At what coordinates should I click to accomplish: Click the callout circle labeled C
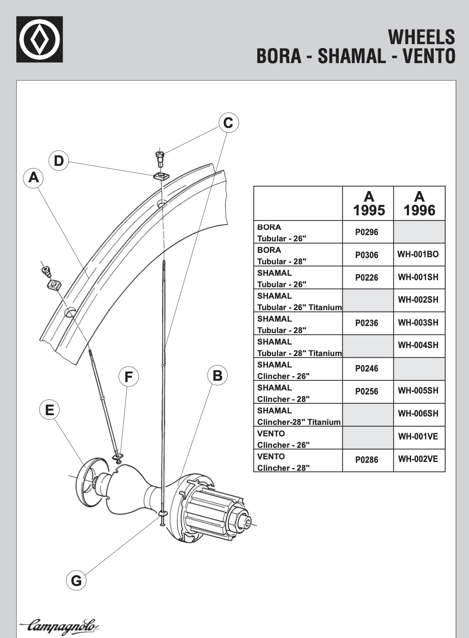(x=228, y=122)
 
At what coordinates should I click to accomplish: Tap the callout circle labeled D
(x=59, y=161)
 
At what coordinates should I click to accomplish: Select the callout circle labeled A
(x=34, y=177)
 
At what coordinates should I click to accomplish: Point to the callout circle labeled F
(x=129, y=377)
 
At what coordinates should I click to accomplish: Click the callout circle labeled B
(x=217, y=375)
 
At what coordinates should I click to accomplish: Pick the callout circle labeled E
(x=49, y=410)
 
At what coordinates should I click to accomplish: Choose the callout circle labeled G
(x=76, y=580)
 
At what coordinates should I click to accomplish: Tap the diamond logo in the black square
(x=39, y=39)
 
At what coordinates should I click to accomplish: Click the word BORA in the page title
(x=279, y=56)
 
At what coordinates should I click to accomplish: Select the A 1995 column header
(x=368, y=203)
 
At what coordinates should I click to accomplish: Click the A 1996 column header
(x=419, y=203)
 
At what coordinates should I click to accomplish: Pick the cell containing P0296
(x=367, y=232)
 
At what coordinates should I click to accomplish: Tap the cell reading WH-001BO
(x=418, y=254)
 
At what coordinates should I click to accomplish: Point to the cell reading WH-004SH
(x=418, y=345)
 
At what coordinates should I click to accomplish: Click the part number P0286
(x=367, y=460)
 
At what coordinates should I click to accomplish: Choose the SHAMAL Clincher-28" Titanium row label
(x=299, y=416)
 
